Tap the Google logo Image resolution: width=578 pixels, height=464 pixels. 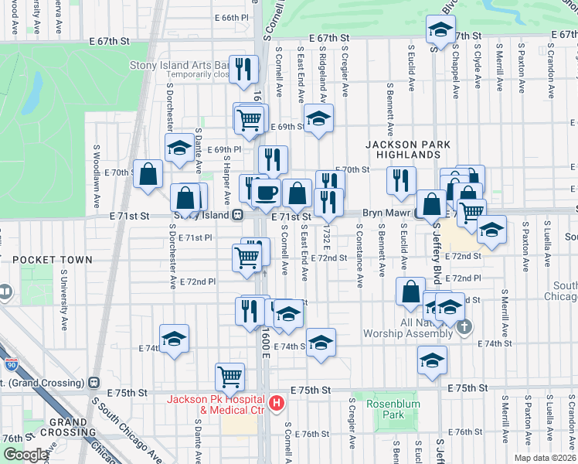click(25, 455)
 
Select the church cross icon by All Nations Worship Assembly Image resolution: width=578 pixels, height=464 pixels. click(464, 327)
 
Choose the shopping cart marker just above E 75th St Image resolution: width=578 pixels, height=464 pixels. click(230, 377)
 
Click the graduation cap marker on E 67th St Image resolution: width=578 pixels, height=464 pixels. click(440, 30)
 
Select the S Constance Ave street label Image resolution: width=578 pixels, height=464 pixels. click(359, 256)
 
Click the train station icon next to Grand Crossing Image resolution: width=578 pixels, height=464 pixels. click(95, 381)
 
